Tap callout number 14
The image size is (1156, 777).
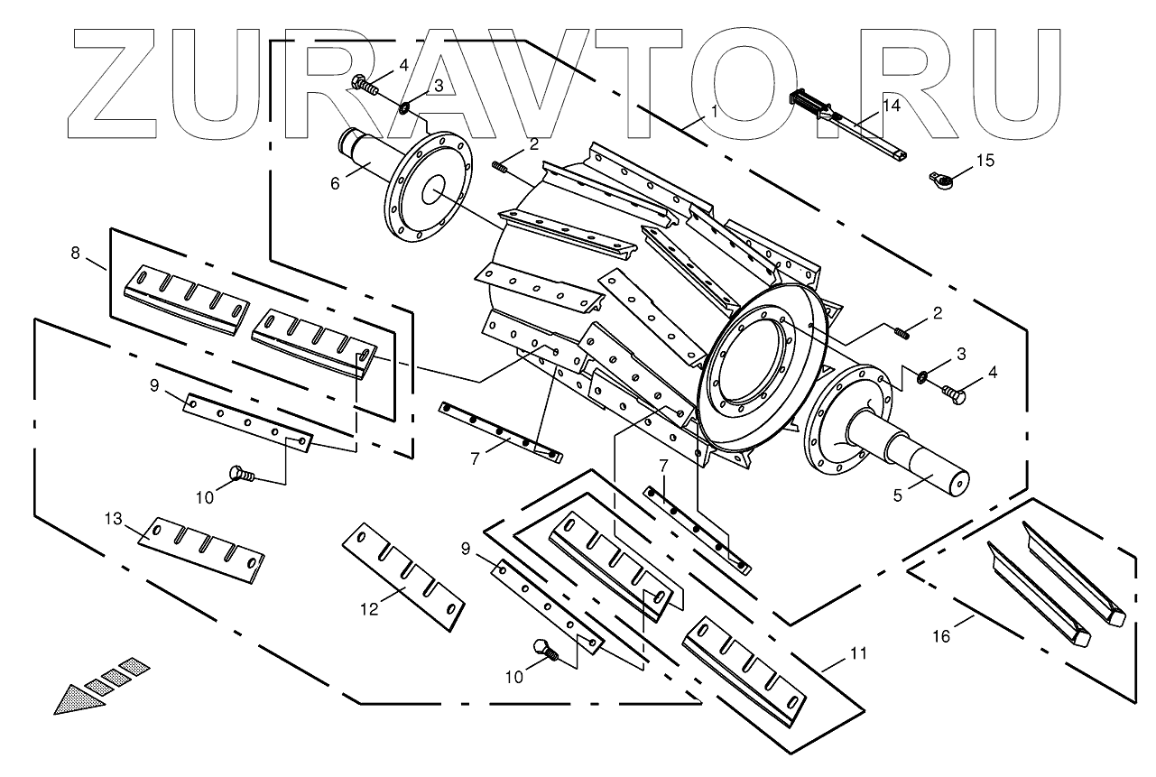(x=891, y=106)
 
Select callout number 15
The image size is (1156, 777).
(x=984, y=161)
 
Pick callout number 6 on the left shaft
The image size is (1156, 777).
(x=336, y=182)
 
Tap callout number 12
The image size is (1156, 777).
(x=368, y=609)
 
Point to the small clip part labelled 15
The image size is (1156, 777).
(x=940, y=180)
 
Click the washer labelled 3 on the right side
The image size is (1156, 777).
(x=923, y=375)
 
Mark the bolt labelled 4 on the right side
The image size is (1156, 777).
(x=954, y=393)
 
